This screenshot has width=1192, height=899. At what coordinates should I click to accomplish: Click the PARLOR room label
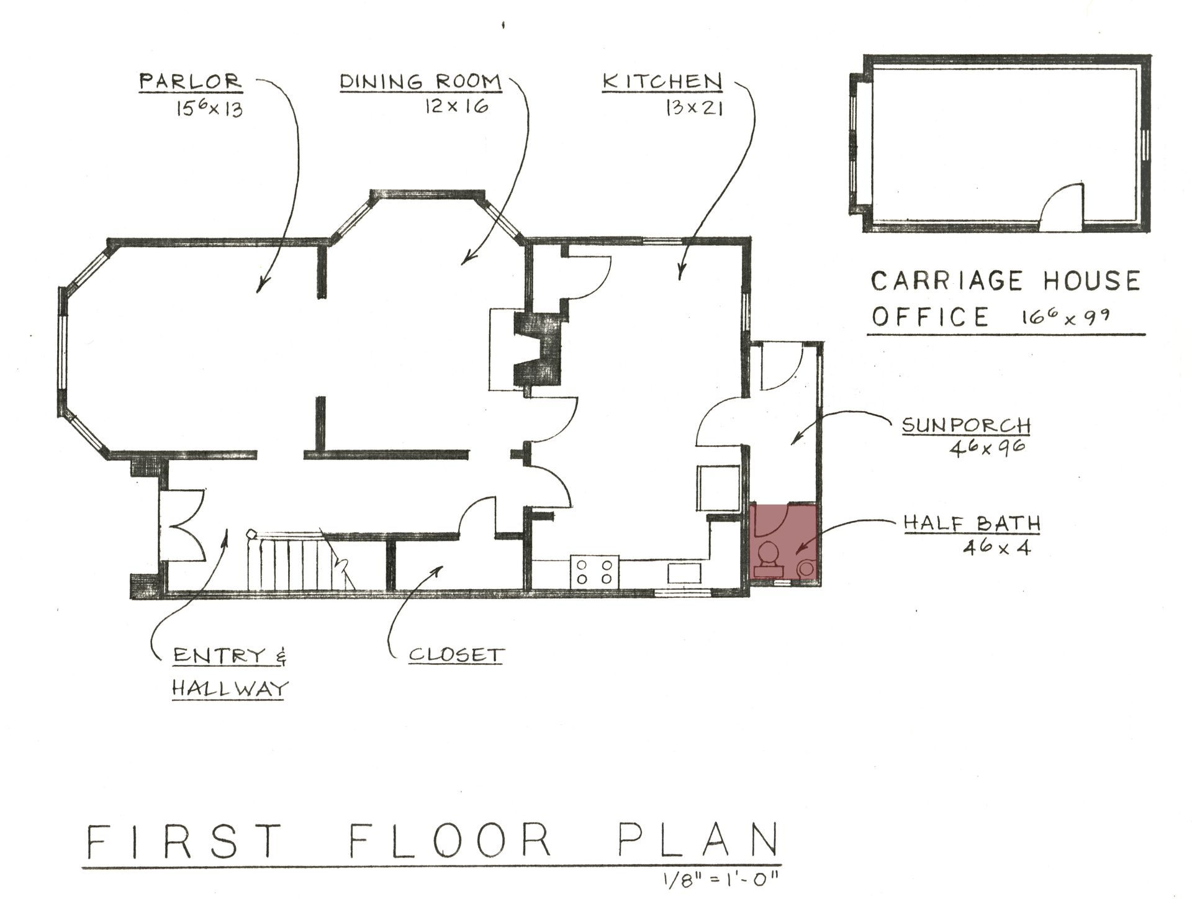pyautogui.click(x=190, y=81)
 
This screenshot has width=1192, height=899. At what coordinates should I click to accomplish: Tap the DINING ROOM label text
pyautogui.click(x=420, y=81)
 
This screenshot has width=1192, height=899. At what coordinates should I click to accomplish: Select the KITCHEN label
pyautogui.click(x=662, y=81)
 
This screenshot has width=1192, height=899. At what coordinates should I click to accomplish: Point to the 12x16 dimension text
pyautogui.click(x=457, y=106)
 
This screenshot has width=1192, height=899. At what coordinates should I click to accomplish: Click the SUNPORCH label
pyautogui.click(x=965, y=426)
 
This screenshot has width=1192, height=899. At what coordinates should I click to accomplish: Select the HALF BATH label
pyautogui.click(x=972, y=523)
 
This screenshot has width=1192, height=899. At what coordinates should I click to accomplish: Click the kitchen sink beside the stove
pyautogui.click(x=684, y=573)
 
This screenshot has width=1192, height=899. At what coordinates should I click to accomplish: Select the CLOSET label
pyautogui.click(x=456, y=655)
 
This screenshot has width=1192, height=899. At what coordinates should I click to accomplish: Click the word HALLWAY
pyautogui.click(x=230, y=688)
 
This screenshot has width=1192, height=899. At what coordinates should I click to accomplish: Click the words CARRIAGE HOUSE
pyautogui.click(x=1005, y=281)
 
